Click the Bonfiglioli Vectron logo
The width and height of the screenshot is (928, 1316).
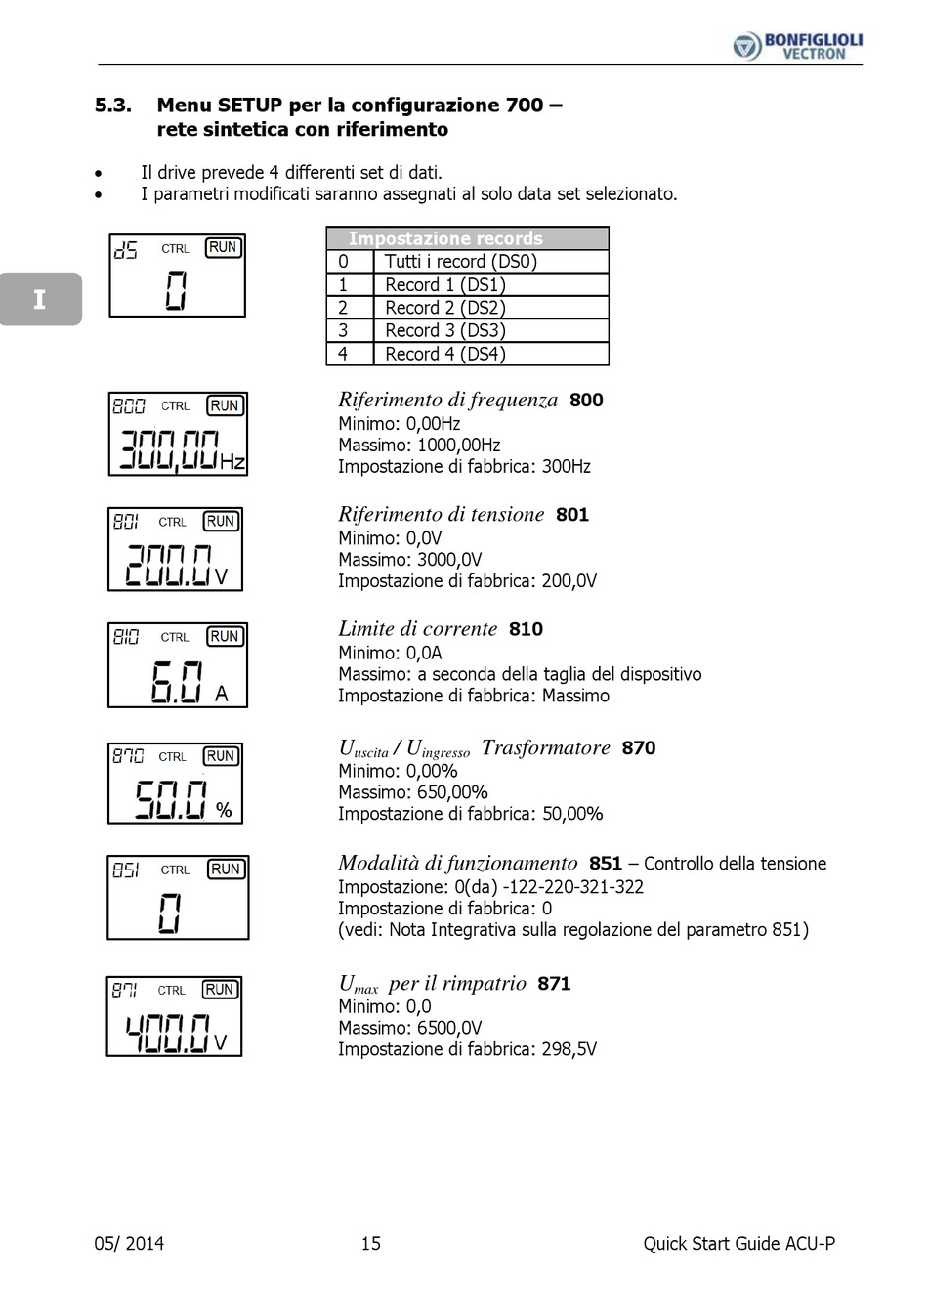797,45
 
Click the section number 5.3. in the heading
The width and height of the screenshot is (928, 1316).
113,106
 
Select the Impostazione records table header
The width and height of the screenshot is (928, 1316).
467,238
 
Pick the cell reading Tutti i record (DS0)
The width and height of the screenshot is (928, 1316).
461,261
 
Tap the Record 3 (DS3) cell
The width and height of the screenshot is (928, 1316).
445,330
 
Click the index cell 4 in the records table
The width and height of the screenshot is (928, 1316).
343,354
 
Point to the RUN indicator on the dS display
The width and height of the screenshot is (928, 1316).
224,248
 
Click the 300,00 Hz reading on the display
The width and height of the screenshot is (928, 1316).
181,450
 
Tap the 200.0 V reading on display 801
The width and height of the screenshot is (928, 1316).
176,565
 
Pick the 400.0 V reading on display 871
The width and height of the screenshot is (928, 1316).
176,1032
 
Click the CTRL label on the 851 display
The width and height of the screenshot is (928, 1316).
176,870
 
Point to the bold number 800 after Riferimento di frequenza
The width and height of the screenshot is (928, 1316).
586,400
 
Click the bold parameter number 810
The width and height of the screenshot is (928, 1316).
526,629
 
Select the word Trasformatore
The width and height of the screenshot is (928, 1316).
545,747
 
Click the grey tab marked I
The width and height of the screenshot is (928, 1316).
40,299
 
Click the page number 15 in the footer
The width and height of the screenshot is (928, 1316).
371,1243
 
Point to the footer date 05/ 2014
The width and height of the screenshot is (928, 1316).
129,1243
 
